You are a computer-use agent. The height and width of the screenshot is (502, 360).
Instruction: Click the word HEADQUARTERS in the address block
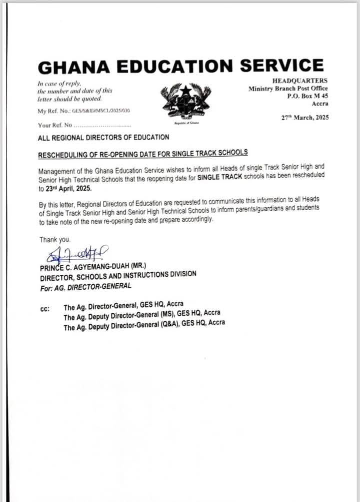point(300,81)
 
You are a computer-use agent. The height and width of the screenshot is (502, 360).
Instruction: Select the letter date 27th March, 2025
point(305,118)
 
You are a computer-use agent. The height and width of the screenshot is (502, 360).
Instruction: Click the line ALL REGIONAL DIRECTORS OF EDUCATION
point(103,137)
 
